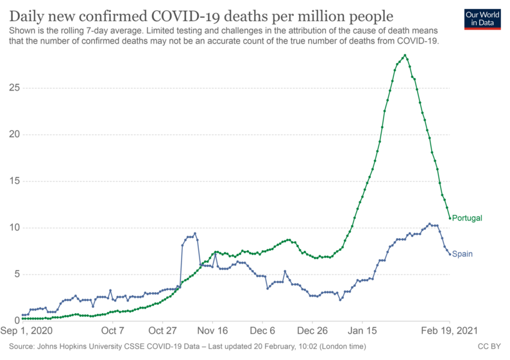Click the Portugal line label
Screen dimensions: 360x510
pos(466,218)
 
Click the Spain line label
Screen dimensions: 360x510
pos(462,254)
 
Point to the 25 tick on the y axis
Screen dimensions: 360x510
pos(12,88)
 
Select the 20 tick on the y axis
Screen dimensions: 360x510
pos(12,135)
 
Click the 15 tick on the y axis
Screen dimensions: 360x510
pos(12,181)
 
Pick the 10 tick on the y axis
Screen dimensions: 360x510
pos(12,228)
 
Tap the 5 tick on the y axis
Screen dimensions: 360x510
pos(15,274)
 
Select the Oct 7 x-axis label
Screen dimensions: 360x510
pos(113,331)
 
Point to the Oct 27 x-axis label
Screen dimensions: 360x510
pos(162,331)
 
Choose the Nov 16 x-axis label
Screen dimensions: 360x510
pos(212,331)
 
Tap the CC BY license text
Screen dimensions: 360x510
pos(489,347)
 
